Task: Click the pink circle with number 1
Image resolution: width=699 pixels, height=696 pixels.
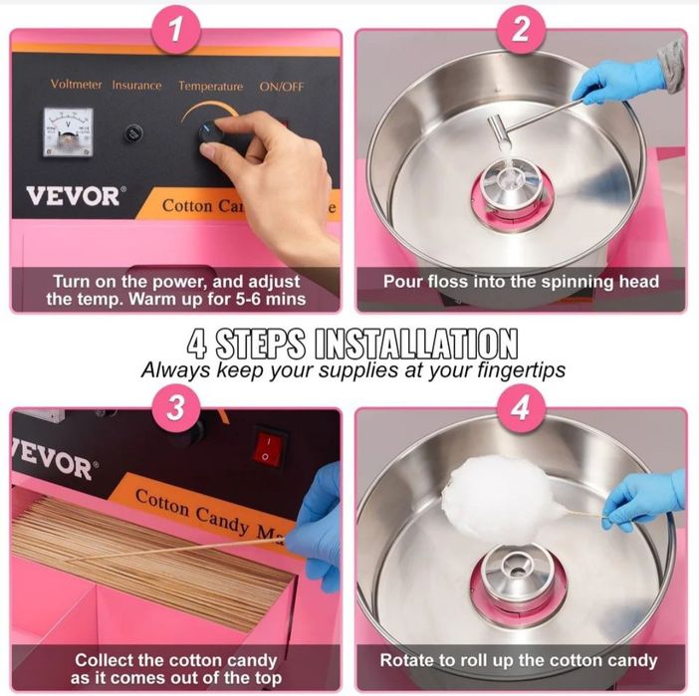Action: [176, 30]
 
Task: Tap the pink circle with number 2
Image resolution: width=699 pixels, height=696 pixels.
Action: [521, 30]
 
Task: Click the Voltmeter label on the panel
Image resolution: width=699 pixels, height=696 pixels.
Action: [76, 85]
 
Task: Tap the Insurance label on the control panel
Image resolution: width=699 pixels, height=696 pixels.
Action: [136, 86]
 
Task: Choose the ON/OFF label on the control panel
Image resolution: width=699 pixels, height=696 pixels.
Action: [282, 87]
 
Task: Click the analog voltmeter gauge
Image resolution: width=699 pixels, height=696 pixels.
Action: [68, 132]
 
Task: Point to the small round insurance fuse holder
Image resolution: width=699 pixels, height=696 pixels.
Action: [132, 132]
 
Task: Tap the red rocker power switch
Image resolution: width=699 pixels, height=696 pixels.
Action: [269, 449]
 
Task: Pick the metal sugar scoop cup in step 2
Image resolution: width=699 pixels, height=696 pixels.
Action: [499, 131]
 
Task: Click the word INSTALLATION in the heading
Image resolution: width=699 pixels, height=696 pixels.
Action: [416, 344]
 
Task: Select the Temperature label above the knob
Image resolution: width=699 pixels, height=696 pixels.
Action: [210, 86]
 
